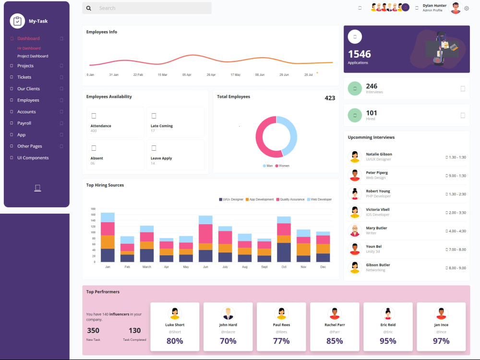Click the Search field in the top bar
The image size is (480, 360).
[146, 8]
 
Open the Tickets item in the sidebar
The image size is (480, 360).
[24, 77]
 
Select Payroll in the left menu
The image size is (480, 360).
[24, 123]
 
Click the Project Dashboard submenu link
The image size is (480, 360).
[33, 56]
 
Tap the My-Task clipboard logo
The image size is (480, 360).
[17, 21]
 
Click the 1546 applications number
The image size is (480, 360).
[360, 54]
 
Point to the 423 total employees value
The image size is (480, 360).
[330, 98]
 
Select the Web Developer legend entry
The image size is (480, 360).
[319, 200]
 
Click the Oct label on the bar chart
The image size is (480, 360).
[284, 267]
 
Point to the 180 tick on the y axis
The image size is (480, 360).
[93, 209]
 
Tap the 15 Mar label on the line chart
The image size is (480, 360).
[162, 75]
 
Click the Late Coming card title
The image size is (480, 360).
[162, 126]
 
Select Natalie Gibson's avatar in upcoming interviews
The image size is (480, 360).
[355, 157]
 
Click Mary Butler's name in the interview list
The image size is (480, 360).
[376, 228]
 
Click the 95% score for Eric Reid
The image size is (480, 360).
[388, 341]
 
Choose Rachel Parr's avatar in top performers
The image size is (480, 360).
[335, 313]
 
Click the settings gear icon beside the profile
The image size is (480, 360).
[467, 9]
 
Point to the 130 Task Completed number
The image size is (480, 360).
[135, 331]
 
